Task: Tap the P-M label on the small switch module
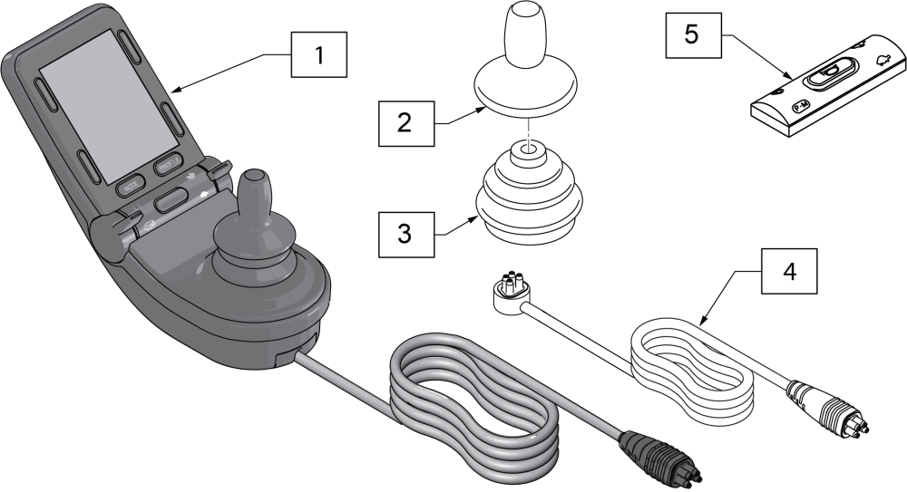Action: click(x=802, y=105)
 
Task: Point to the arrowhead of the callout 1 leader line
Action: click(x=174, y=90)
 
